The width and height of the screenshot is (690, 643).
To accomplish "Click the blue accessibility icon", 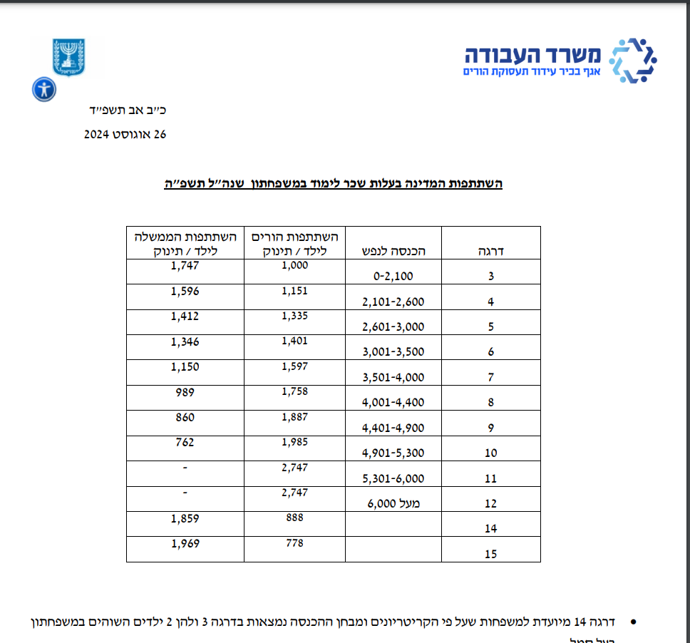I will coord(44,90).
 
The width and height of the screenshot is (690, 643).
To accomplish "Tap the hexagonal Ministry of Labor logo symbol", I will coord(634,61).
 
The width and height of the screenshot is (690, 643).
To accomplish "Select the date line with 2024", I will coord(125,135).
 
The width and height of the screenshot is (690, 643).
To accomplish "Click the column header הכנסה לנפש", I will coord(393,251).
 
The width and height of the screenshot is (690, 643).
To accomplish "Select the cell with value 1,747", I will coord(185,265).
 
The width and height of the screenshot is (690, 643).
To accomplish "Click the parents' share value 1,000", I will coord(294,265).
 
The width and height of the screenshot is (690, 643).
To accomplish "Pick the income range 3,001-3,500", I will coord(393,352).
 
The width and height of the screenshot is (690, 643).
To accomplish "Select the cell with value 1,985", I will coord(294,442).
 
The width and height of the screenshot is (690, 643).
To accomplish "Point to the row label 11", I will coord(490,478).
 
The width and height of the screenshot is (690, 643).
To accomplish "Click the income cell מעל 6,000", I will coord(394,503).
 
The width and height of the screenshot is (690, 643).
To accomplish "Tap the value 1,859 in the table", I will coord(185,518).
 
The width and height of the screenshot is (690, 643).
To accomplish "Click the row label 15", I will coord(490,554).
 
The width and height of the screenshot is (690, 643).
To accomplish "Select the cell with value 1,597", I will coord(294,366).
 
